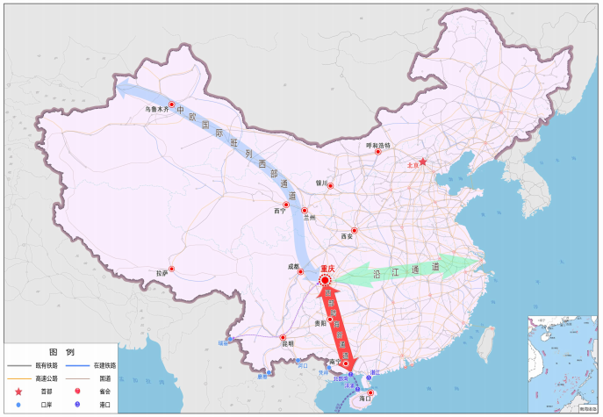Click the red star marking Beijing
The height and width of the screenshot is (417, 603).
[x=423, y=162]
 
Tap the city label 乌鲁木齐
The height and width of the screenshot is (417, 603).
[x=157, y=110]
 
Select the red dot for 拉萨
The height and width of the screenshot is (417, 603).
[x=172, y=269]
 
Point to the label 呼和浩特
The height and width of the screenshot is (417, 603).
[x=378, y=145]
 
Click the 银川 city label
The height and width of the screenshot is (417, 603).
[x=320, y=184]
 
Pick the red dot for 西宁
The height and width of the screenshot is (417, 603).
[x=286, y=205]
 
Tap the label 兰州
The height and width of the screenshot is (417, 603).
[x=310, y=217]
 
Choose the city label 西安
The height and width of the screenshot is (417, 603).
[x=346, y=236]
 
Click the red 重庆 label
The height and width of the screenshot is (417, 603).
[x=327, y=269]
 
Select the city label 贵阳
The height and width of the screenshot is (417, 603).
[x=320, y=323]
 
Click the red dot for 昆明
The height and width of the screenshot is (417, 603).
[x=283, y=338]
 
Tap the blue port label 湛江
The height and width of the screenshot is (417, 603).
[x=374, y=373]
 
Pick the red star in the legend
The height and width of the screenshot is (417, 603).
[x=18, y=391]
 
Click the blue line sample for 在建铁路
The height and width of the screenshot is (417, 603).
[x=78, y=365]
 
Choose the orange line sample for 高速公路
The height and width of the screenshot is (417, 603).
[x=18, y=377]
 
